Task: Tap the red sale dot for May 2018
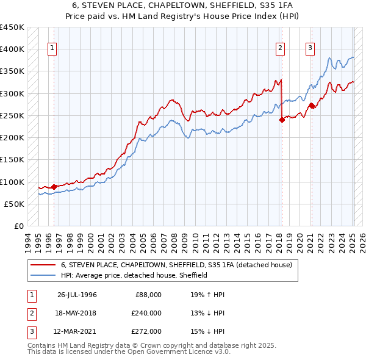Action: [282, 120]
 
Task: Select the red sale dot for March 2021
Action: [312, 106]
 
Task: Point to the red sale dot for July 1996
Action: [54, 187]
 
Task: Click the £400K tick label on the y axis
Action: [12, 49]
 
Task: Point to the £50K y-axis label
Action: [15, 204]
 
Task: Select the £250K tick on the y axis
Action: [12, 115]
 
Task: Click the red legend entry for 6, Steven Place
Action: [176, 265]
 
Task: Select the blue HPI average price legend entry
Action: [134, 275]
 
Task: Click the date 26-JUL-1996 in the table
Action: [77, 295]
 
